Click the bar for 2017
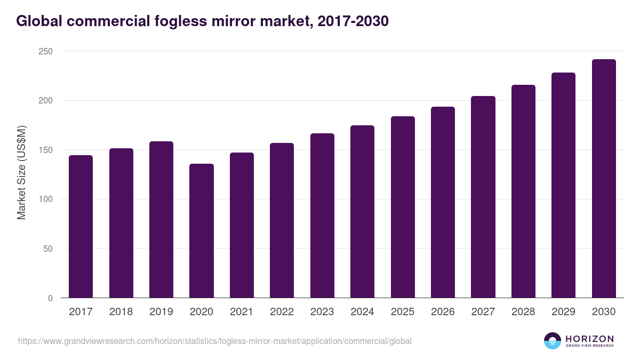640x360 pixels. [x=81, y=227]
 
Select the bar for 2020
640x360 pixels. [x=201, y=231]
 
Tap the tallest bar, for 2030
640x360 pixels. [x=604, y=179]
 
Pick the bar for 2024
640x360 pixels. [x=362, y=212]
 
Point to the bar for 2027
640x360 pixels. [x=483, y=197]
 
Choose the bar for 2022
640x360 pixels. [x=282, y=220]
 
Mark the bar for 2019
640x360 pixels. [x=161, y=220]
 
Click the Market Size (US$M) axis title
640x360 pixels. [x=21, y=172]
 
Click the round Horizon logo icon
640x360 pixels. [x=553, y=341]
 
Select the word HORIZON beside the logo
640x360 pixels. [x=589, y=338]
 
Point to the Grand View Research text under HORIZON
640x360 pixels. [x=589, y=346]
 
